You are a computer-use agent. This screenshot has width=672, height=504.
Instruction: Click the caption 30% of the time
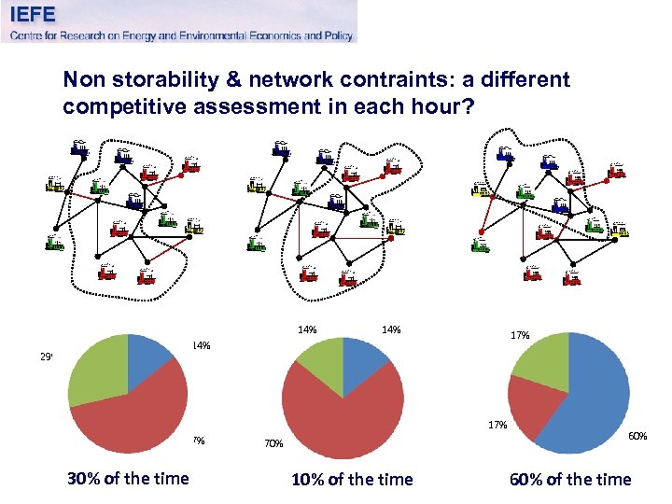point(128,479)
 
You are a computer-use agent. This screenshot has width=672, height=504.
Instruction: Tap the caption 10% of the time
point(352,480)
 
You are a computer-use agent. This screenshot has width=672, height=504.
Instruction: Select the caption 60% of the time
point(570,480)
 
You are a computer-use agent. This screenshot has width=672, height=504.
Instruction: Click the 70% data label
point(273,444)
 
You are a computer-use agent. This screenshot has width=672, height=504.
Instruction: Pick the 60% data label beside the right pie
point(637,435)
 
